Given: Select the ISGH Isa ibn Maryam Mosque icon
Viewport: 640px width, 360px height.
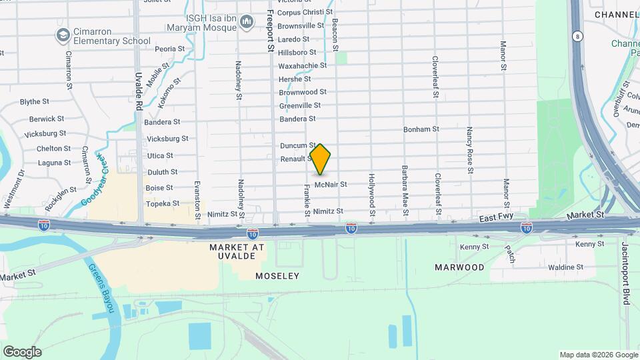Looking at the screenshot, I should click(x=247, y=23).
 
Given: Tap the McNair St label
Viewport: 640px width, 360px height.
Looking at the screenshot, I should click(x=331, y=184).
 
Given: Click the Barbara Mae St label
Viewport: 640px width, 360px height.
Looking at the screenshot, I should click(x=404, y=190).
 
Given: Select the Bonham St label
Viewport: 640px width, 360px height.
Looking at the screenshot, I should click(x=421, y=129).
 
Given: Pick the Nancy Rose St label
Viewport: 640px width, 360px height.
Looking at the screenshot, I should click(x=469, y=150).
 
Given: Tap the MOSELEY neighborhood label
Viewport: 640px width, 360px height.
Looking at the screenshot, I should click(x=277, y=275).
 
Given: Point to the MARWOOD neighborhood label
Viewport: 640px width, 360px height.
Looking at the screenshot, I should click(x=459, y=267).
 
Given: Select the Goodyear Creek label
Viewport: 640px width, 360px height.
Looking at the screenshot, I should click(x=93, y=181).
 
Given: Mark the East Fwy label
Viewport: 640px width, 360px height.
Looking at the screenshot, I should click(x=494, y=219).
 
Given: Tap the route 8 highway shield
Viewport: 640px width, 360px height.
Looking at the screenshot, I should click(x=575, y=35).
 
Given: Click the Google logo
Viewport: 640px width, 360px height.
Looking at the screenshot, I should click(x=22, y=352).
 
